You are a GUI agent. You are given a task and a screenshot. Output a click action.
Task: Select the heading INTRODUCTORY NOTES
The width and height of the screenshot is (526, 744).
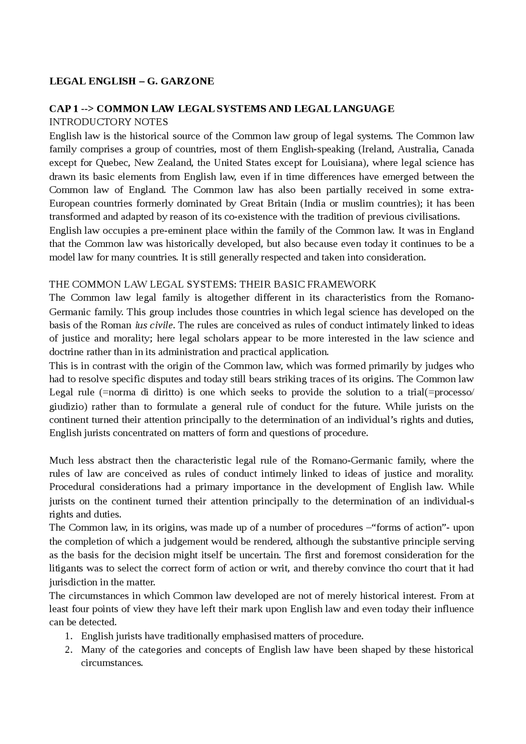108,122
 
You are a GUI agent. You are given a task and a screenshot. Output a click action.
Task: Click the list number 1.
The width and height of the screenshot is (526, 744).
68,636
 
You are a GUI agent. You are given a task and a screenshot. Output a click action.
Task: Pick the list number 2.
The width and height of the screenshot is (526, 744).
68,650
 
